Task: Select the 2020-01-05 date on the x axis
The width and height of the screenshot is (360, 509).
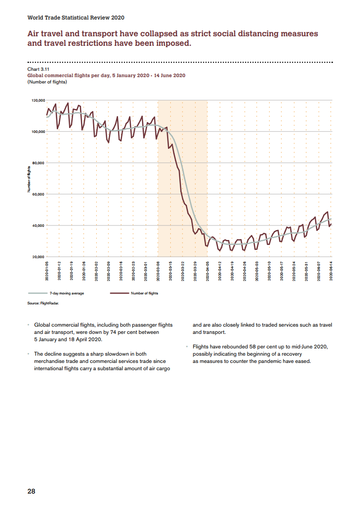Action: (47, 271)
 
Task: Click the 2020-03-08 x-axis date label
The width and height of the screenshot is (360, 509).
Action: (158, 271)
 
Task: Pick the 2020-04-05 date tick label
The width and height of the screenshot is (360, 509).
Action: (207, 271)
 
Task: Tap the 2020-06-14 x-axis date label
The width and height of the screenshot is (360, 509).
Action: (331, 271)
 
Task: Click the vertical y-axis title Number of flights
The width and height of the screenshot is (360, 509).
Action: (29, 180)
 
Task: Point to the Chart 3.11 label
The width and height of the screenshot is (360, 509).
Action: (38, 69)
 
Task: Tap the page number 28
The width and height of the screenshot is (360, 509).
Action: (31, 491)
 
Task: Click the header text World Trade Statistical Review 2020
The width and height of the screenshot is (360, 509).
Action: (76, 18)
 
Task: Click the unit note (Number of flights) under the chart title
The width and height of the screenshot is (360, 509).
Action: (47, 82)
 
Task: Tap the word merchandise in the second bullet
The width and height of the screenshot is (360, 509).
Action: (52, 361)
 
